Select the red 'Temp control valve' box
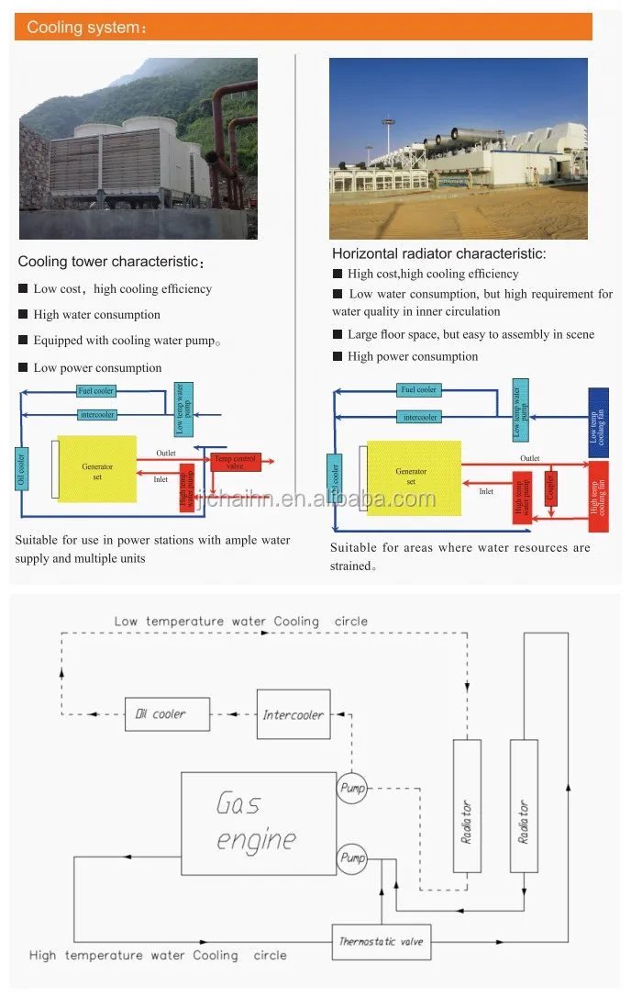tap(236, 462)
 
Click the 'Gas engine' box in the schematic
tap(258, 824)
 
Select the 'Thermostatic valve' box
tap(381, 941)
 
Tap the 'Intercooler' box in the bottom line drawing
tap(293, 714)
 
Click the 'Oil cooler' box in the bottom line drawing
tap(167, 713)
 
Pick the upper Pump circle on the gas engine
tap(352, 788)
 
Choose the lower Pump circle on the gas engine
tap(352, 858)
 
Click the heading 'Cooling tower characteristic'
tap(111, 263)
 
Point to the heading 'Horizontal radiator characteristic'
tap(438, 253)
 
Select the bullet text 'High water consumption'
tap(97, 315)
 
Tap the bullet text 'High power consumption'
tap(413, 356)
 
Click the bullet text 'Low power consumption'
tap(97, 368)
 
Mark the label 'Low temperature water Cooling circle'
tap(240, 622)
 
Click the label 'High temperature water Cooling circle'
tap(158, 955)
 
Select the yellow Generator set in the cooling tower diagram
tap(97, 468)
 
